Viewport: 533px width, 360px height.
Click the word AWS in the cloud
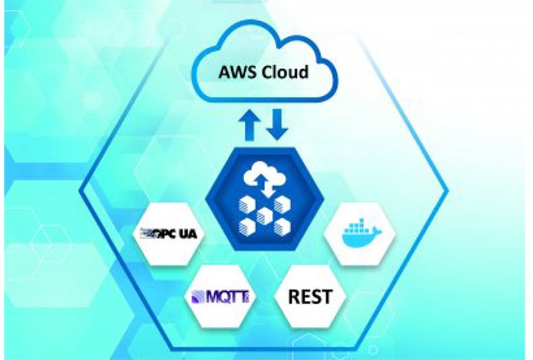236,72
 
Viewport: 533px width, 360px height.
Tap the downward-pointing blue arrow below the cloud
277,125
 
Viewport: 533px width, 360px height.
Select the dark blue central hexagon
265,199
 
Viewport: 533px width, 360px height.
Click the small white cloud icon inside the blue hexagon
264,174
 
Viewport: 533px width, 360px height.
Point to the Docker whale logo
361,233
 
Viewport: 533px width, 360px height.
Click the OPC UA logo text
169,233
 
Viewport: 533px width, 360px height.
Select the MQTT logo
220,297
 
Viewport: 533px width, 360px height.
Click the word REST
310,297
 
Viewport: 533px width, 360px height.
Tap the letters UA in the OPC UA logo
188,234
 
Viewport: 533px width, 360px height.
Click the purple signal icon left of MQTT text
199,297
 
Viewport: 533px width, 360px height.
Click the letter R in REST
294,297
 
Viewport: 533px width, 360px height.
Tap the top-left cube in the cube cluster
247,204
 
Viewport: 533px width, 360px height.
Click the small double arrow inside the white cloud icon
264,186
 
